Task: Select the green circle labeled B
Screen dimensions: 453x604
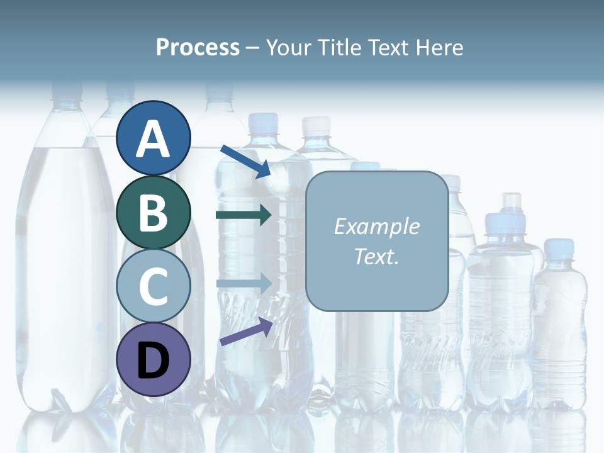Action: [154, 212]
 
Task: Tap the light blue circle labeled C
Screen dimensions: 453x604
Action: [154, 286]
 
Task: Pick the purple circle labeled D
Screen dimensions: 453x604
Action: [154, 360]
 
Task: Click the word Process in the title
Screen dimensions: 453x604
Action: [198, 48]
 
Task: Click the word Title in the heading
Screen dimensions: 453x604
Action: [340, 48]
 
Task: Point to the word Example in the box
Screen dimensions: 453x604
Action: [376, 226]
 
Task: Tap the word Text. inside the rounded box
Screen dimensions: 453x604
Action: [376, 256]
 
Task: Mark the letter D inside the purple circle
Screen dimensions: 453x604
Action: [154, 361]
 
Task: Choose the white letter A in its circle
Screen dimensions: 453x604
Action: [154, 140]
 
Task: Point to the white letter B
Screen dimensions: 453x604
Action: [154, 213]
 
